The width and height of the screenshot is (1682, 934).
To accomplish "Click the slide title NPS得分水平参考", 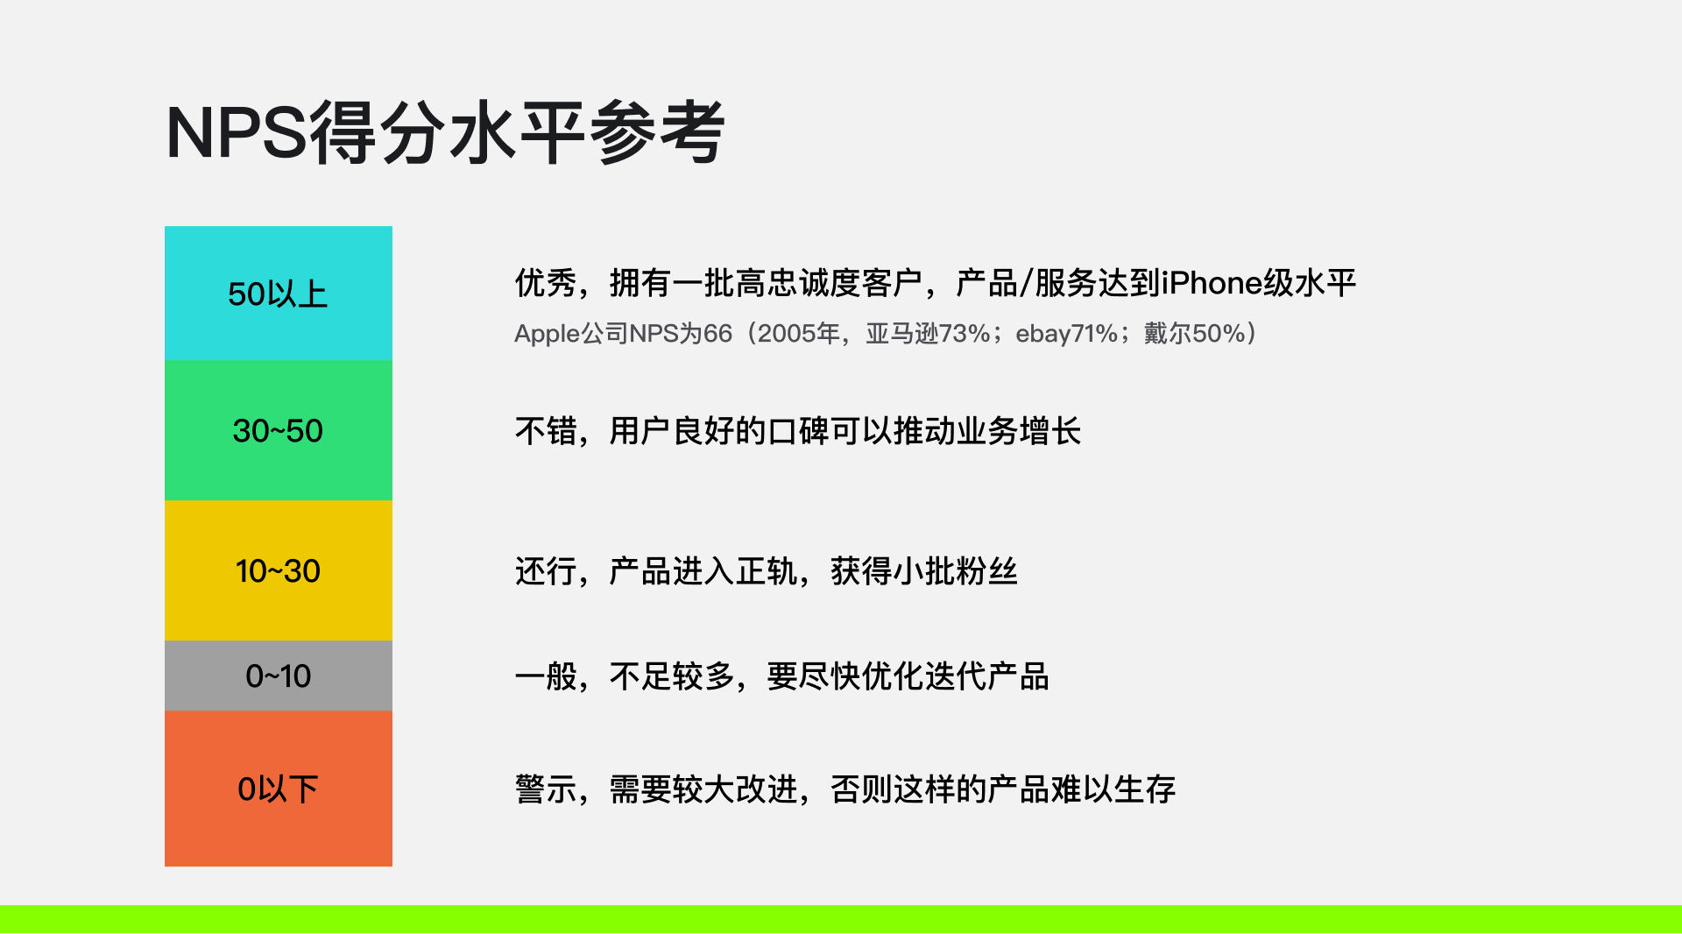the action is click(x=445, y=132).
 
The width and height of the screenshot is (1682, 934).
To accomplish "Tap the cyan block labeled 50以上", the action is click(x=279, y=294).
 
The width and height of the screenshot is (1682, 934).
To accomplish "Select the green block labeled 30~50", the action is click(x=279, y=431).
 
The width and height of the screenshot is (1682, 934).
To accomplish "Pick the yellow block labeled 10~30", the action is click(x=279, y=571).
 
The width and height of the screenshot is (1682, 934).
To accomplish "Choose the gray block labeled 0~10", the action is click(x=279, y=676).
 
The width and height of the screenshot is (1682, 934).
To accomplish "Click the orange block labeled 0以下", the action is click(x=279, y=789).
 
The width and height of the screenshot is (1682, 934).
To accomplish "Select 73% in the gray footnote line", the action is click(x=964, y=334).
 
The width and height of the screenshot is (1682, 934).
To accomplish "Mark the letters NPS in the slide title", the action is click(x=237, y=133).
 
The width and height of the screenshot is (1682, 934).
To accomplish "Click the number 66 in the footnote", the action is click(x=717, y=334).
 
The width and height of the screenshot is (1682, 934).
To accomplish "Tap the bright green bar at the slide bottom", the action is click(x=841, y=919).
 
